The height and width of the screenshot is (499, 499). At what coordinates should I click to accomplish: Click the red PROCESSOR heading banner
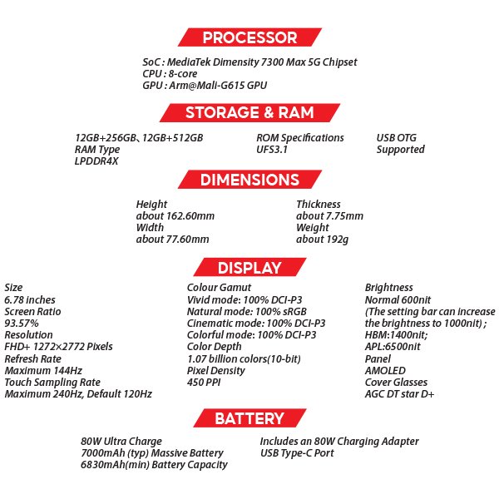pos(249,37)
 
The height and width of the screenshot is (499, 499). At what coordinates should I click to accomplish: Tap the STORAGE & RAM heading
pos(249,112)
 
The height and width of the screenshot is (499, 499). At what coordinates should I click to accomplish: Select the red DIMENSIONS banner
pos(249,180)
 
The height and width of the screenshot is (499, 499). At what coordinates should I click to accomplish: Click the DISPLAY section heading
pos(249,267)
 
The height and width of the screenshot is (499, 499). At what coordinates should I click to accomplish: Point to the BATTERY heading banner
pos(249,418)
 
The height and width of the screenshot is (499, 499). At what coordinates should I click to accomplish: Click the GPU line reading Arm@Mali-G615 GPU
pos(205,86)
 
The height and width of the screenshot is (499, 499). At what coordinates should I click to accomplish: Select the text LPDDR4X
pos(96,161)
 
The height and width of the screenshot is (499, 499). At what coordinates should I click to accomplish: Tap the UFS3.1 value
pos(272,149)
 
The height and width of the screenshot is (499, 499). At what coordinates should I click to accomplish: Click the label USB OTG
pos(396,138)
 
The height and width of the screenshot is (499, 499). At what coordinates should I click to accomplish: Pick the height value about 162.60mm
pos(175,216)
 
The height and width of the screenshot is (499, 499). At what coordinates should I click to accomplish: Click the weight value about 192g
pos(323,240)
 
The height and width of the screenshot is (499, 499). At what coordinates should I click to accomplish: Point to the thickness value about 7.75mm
pos(329,216)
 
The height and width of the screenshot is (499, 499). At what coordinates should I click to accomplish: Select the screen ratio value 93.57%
pos(22,324)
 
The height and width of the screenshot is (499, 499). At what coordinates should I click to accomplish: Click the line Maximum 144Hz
pos(43,371)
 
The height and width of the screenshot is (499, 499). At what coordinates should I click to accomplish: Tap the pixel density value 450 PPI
pos(204,383)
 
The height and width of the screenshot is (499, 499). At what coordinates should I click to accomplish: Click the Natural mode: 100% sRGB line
pos(247,312)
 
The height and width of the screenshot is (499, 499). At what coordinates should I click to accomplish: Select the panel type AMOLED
pos(385,371)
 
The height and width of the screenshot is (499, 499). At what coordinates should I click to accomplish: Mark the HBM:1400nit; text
pos(397,335)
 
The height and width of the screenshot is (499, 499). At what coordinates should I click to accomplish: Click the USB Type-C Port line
pos(297,453)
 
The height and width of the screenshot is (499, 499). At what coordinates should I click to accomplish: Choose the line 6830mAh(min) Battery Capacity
pos(154,465)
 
